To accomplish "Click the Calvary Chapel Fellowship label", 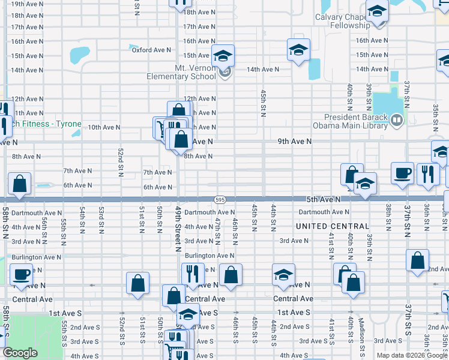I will pos(342,22).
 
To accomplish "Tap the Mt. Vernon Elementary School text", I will pos(182,72).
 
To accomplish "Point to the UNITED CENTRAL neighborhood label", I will pos(333,226).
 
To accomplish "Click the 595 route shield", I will pos(220,199).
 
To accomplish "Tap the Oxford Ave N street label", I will pos(152,50).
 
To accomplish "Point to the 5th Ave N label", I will pos(323,199).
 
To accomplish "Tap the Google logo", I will pos(20,353).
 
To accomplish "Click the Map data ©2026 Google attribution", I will pos(411,355).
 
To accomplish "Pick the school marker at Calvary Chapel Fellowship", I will pos(377,11).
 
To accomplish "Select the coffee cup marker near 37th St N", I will pos(402,173).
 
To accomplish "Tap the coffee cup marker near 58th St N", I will pos(21,275).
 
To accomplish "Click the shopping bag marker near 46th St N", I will pos(231,275).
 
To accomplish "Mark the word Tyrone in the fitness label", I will pos(69,124).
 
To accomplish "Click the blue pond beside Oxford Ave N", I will pos(79,55).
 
